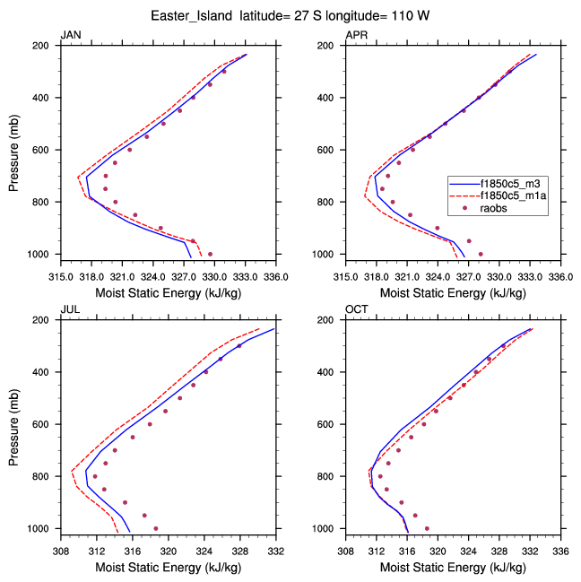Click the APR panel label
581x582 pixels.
(356, 35)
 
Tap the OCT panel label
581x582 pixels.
(356, 309)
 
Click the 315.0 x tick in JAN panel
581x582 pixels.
(60, 266)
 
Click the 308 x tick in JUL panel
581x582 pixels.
(61, 541)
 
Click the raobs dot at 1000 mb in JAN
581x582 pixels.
(210, 254)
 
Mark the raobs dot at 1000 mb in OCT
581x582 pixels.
(427, 528)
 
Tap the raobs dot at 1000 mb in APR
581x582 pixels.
(481, 254)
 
